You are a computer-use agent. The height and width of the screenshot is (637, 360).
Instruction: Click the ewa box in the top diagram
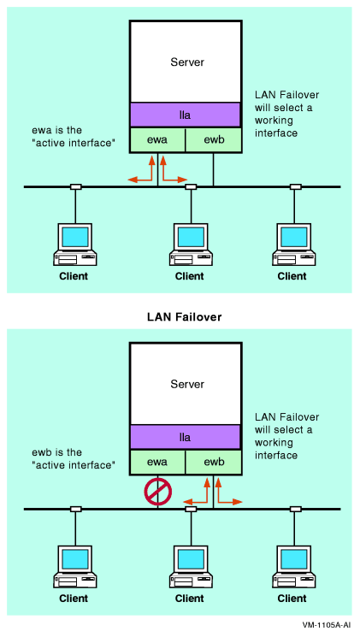157,140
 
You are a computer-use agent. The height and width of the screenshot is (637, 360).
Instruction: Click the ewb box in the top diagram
213,140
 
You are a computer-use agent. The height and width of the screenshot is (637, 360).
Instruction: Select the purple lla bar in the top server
185,115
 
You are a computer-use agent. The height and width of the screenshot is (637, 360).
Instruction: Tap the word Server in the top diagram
187,62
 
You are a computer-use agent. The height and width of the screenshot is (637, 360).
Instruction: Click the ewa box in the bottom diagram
157,463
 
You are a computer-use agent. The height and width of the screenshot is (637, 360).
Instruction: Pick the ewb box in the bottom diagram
213,463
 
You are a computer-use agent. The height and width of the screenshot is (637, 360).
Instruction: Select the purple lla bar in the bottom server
185,437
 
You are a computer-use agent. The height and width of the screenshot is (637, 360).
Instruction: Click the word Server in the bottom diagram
187,385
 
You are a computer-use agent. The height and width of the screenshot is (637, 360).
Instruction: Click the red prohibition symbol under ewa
158,490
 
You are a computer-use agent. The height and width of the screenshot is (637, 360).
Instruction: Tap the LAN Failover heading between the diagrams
180,316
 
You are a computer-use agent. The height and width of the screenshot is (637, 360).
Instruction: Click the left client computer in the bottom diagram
74,566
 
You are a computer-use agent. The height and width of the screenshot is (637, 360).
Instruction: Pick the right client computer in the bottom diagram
293,566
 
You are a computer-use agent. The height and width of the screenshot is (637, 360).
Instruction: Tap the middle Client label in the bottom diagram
190,599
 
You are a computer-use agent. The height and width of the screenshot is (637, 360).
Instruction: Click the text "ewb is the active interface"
68,459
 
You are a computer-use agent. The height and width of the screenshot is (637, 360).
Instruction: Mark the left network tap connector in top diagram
75,186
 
